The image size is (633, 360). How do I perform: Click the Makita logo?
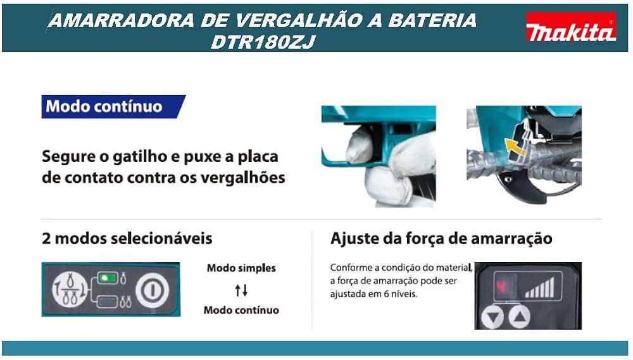(571, 27)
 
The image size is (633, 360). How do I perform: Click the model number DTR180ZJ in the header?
(263, 42)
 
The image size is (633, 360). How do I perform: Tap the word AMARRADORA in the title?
(121, 20)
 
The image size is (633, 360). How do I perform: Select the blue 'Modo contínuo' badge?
(113, 106)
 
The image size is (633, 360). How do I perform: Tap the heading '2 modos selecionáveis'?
(127, 238)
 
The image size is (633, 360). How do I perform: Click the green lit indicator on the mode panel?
(108, 278)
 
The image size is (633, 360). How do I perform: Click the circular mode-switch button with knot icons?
(70, 289)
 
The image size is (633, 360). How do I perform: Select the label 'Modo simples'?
(241, 268)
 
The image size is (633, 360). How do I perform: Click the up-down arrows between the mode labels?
(241, 290)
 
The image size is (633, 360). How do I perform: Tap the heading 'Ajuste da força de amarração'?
(441, 238)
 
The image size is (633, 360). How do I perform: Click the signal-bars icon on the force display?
(539, 287)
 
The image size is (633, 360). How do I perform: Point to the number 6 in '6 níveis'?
(386, 294)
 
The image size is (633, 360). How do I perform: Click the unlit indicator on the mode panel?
(108, 301)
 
